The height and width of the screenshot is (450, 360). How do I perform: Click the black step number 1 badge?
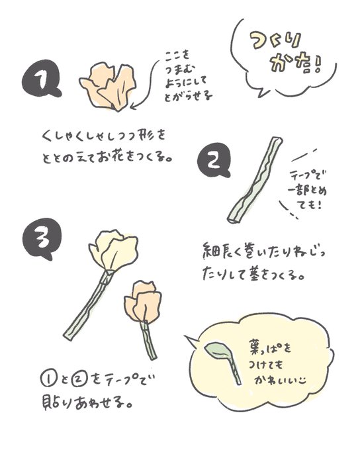(42, 79)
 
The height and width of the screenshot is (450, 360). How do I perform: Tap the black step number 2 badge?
(214, 161)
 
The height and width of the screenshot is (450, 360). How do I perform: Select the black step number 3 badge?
(42, 239)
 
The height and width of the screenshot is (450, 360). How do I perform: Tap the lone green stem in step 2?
(255, 180)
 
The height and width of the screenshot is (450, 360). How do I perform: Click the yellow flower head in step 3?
(113, 250)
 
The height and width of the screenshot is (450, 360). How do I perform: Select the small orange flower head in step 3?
(143, 301)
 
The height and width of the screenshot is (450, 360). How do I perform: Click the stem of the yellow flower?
(89, 305)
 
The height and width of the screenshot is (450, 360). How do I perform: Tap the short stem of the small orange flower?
(148, 340)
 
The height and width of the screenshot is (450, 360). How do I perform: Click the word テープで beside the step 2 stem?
(308, 175)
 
